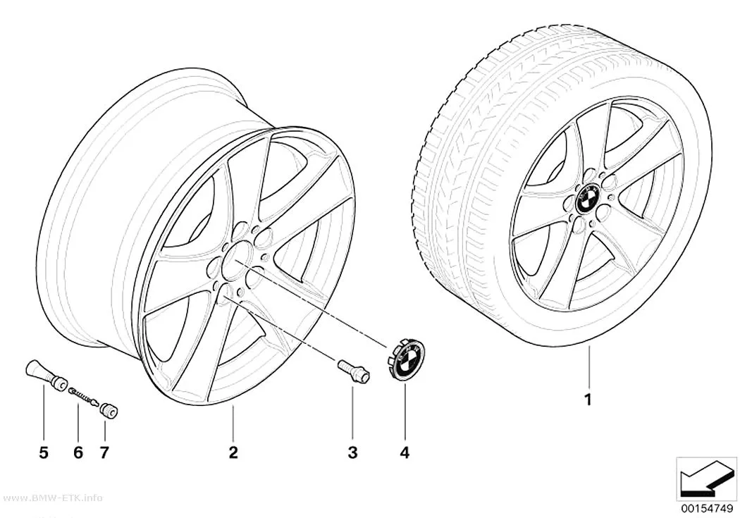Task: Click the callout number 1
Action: (588, 400)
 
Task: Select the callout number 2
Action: (233, 452)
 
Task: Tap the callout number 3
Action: (352, 452)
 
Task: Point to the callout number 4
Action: (405, 452)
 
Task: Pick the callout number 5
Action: (44, 452)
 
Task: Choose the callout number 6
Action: (78, 452)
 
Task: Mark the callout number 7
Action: (104, 452)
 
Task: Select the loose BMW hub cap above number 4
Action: (405, 358)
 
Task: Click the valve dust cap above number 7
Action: (109, 410)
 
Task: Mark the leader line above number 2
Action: (233, 423)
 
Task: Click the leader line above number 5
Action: (44, 413)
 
